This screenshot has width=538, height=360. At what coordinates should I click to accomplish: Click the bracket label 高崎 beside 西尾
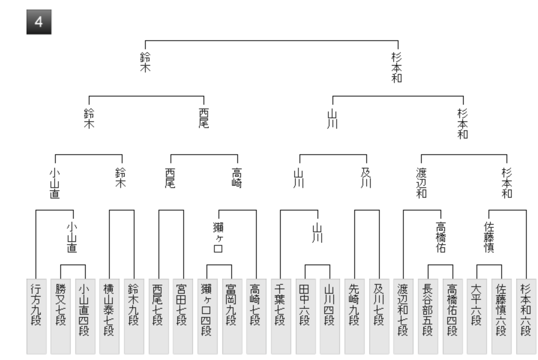click(x=236, y=178)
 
